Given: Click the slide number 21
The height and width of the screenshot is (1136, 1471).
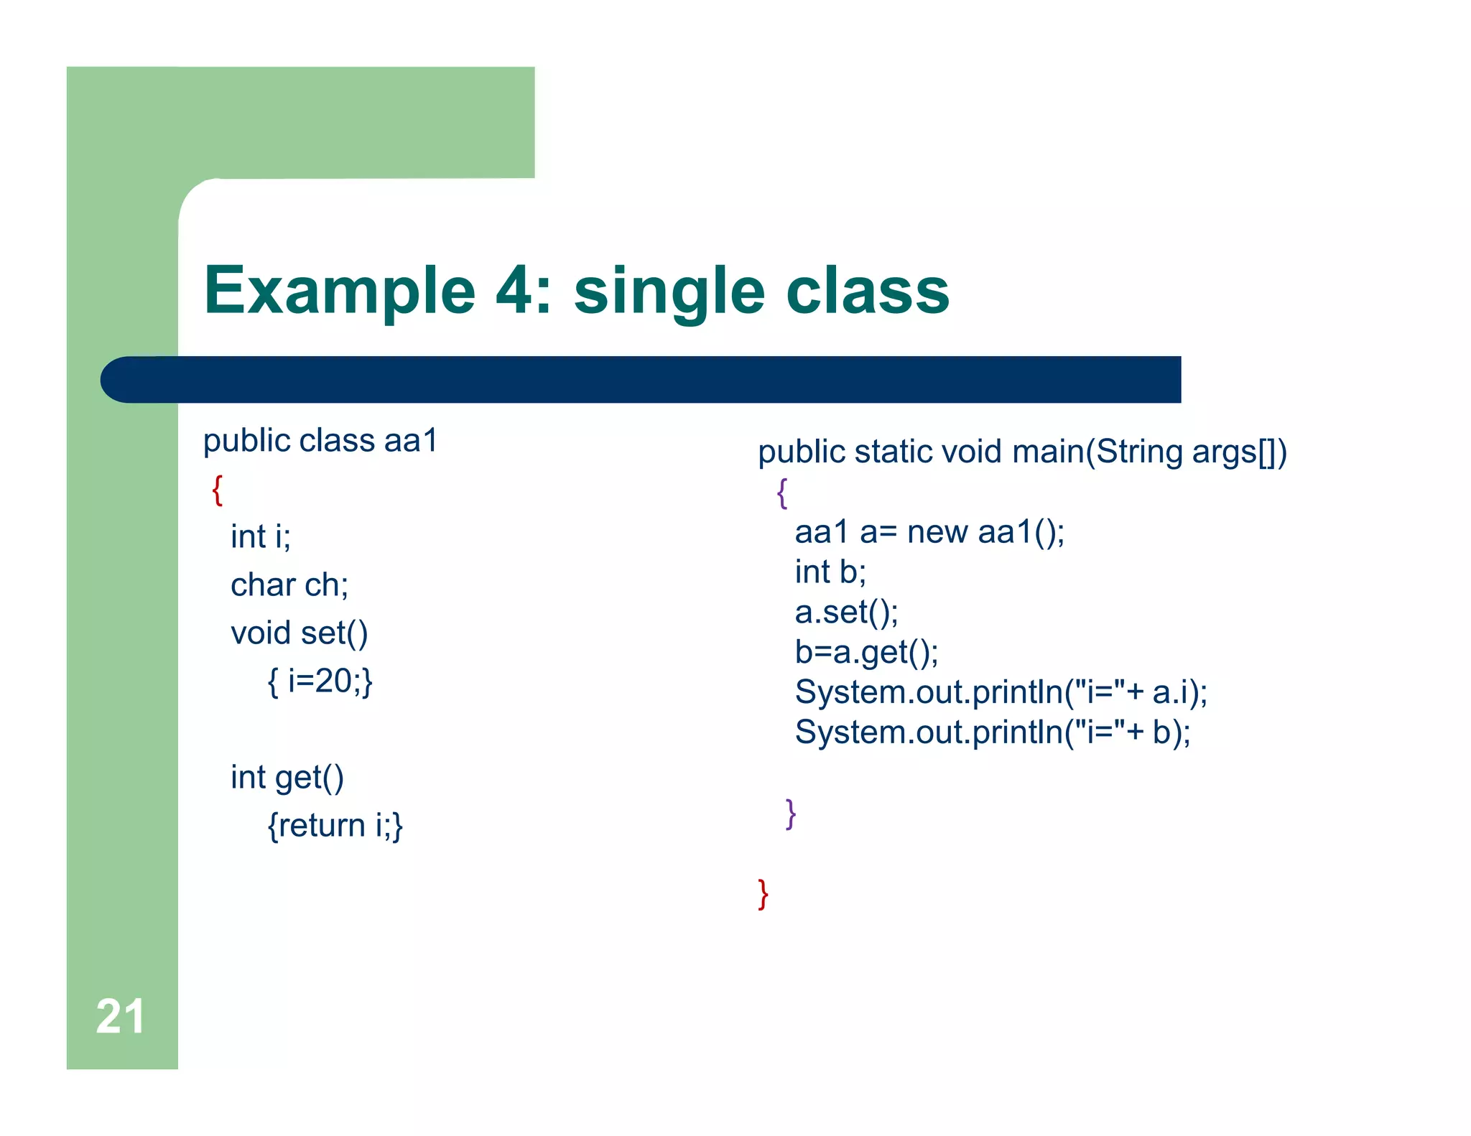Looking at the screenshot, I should click(120, 1016).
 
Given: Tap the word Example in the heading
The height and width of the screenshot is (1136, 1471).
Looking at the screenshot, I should click(340, 290).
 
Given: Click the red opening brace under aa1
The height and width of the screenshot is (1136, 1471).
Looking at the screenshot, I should click(218, 490).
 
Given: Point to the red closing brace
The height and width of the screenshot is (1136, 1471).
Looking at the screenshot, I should click(763, 894).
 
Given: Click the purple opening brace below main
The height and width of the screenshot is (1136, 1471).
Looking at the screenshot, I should click(782, 493).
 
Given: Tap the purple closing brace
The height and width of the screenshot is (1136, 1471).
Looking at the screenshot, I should click(791, 814).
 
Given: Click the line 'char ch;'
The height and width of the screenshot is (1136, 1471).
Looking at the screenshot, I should click(289, 585).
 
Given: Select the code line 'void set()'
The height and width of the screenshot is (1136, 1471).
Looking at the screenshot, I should click(299, 633).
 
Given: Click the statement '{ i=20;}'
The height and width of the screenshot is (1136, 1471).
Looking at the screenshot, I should click(320, 681).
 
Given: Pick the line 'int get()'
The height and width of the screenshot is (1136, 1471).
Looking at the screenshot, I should click(287, 777).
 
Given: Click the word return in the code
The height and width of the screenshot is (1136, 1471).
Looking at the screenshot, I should click(322, 825).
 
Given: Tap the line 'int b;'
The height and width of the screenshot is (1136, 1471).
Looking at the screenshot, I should click(830, 572).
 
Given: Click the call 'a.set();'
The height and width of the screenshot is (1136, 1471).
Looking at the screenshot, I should click(846, 612).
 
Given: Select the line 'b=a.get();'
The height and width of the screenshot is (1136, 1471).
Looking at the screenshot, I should click(866, 652).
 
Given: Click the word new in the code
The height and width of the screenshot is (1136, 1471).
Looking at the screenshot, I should click(937, 532).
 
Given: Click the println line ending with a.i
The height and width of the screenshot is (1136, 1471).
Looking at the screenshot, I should click(1001, 692).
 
